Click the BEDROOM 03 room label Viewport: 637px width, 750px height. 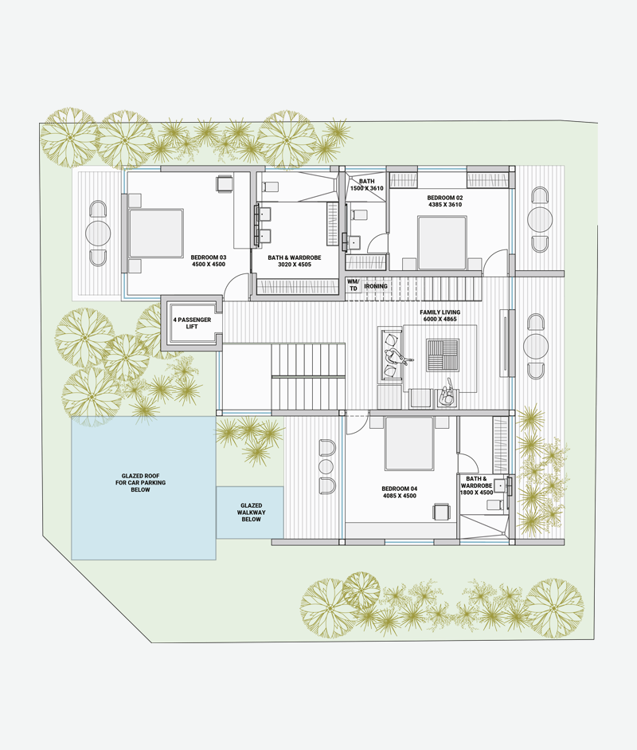[x=209, y=257]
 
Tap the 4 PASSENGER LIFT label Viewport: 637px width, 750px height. [x=192, y=323]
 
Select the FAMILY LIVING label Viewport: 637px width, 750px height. [x=440, y=312]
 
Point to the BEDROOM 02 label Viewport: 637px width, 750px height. [x=445, y=198]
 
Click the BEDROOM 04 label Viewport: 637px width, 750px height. [x=400, y=489]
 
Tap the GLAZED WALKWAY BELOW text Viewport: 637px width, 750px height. [x=252, y=512]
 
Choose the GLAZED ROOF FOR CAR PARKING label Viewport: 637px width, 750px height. [x=140, y=483]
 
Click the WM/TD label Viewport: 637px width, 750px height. [x=354, y=285]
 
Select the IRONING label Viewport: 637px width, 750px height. [x=376, y=286]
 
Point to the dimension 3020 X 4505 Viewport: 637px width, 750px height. [x=295, y=264]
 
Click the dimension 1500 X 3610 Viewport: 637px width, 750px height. [x=367, y=188]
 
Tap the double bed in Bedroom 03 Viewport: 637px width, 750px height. [x=156, y=233]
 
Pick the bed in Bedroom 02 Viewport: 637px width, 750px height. [x=443, y=243]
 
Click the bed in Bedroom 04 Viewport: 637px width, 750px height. [x=409, y=443]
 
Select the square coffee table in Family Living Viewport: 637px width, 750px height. [x=443, y=355]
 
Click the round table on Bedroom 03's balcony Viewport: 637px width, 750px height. [x=98, y=233]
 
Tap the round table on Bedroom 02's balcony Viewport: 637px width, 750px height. [x=540, y=219]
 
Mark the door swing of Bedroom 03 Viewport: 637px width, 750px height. [x=237, y=286]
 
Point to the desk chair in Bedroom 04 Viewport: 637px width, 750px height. [x=442, y=512]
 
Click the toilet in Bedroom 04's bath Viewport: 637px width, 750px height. [x=495, y=505]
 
